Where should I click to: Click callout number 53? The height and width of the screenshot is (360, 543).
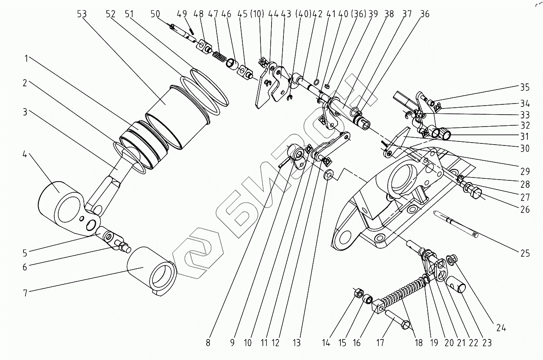click(x=82, y=14)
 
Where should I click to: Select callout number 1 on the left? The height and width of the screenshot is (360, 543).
click(x=26, y=59)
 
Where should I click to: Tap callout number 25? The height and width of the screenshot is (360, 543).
click(x=525, y=254)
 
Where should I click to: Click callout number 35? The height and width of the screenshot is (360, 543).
click(x=525, y=88)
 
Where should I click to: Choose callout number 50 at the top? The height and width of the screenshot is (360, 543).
click(x=155, y=14)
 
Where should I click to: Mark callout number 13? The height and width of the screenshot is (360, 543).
click(x=297, y=343)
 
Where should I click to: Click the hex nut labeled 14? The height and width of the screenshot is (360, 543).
click(x=358, y=293)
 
